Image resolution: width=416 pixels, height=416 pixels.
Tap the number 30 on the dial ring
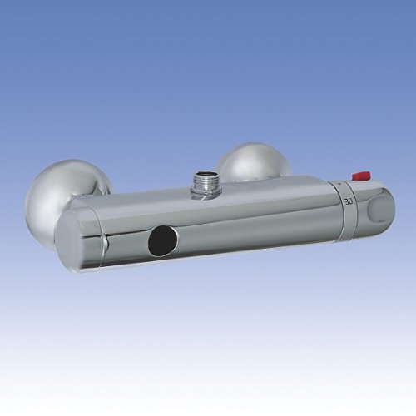point(349,201)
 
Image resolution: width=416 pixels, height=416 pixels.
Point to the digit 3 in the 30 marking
point(346,201)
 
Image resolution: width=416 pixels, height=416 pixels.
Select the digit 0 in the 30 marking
point(350,201)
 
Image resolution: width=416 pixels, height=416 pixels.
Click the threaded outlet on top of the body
point(206,183)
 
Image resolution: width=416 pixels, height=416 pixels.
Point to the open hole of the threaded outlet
point(206,175)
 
